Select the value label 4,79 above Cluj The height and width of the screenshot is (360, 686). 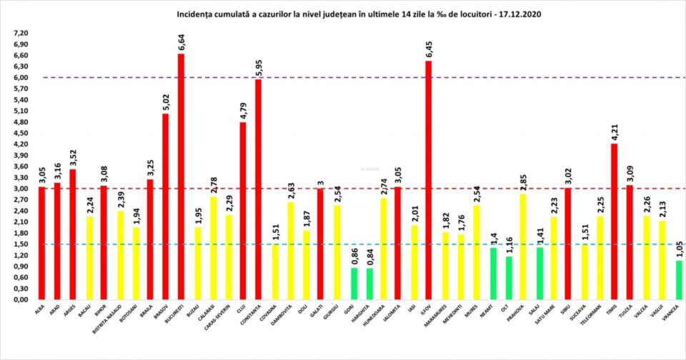243,110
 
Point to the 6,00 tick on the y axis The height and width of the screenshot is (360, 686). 20,78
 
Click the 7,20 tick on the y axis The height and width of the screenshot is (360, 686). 20,34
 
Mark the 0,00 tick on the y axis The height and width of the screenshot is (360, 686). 20,299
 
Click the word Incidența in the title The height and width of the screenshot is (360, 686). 196,14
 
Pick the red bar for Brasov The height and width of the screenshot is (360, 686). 166,206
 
